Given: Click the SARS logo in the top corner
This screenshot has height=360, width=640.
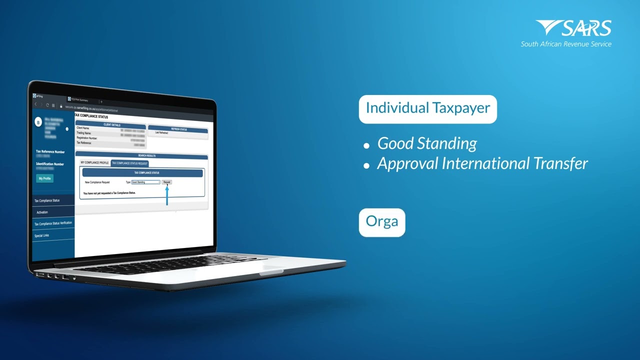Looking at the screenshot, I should tap(573, 28).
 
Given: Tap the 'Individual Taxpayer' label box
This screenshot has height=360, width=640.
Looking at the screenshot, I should tap(427, 108).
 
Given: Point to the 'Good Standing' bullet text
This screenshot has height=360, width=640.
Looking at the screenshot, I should tap(427, 143).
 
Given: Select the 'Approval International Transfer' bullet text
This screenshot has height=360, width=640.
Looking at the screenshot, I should tap(482, 163).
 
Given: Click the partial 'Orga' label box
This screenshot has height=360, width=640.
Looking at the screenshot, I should tap(382, 222).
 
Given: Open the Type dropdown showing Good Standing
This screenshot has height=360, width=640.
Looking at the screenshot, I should tap(145, 182).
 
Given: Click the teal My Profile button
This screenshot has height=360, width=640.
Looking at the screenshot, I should tap(44, 178).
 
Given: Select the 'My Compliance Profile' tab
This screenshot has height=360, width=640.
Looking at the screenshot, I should tap(94, 163).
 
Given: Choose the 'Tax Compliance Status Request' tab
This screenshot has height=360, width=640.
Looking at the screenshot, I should tap(129, 163).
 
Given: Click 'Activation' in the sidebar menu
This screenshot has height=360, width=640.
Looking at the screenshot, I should tap(42, 212).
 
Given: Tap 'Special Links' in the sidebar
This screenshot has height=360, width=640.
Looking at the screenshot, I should tap(42, 235).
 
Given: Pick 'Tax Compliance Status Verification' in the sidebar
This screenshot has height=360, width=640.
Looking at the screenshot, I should tap(53, 223).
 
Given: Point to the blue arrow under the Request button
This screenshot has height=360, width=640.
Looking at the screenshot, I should tap(167, 194).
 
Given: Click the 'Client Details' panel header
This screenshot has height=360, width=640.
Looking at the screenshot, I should tap(111, 125).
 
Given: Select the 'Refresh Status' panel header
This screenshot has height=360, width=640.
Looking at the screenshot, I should tap(178, 129).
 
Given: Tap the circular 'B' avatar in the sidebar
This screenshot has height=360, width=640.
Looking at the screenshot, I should tap(38, 122).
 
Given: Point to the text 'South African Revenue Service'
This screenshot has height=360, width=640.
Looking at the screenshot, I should tap(565, 44).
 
